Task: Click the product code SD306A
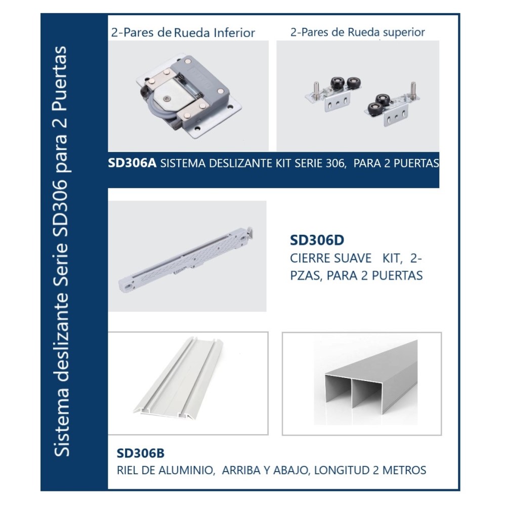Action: (132, 163)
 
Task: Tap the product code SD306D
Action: (317, 240)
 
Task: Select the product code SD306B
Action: (140, 453)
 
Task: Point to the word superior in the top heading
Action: (404, 32)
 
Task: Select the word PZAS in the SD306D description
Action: (306, 276)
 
